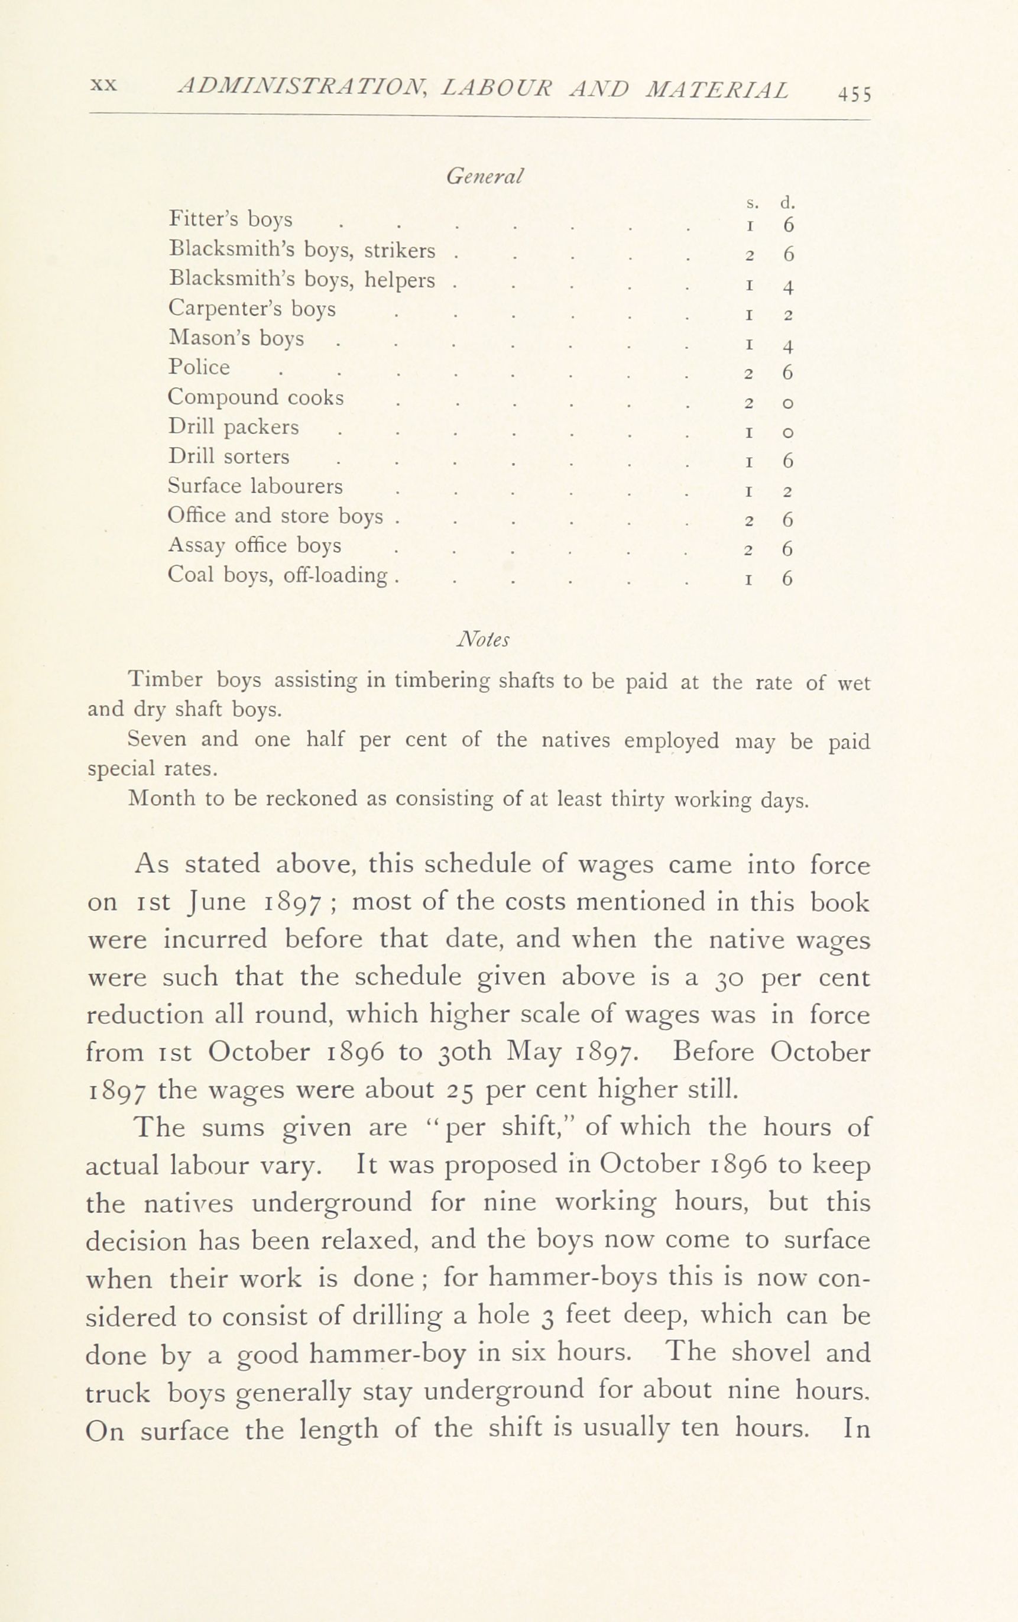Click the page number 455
[854, 94]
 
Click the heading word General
[485, 176]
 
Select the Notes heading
[483, 640]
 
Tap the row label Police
[199, 368]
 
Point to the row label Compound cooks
[255, 397]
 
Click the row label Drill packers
[233, 427]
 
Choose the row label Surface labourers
[255, 485]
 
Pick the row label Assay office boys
[254, 545]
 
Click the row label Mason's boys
[236, 338]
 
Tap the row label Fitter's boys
[231, 219]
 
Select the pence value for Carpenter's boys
[787, 315]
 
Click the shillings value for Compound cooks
[748, 404]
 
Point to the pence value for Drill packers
[787, 432]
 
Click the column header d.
[787, 202]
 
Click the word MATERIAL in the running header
[717, 89]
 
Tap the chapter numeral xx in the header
[103, 86]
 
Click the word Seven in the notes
[156, 739]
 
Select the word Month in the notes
[160, 798]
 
